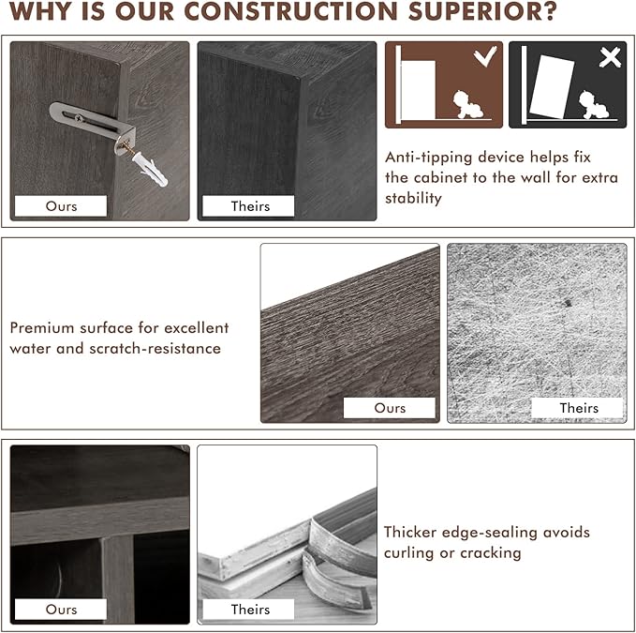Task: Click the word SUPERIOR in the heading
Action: (482, 11)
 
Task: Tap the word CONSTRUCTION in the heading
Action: (290, 11)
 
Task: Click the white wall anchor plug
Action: (150, 170)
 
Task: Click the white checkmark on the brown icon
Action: (485, 56)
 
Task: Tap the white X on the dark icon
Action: (610, 57)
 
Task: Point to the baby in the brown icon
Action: (467, 105)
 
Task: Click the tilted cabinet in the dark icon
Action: (552, 87)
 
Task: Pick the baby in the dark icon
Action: (594, 105)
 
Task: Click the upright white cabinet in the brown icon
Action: (418, 90)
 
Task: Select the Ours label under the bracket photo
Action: (61, 206)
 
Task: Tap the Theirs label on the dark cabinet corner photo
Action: (248, 206)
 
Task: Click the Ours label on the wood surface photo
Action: (390, 408)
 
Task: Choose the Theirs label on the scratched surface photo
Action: (578, 408)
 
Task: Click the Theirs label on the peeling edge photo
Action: (248, 609)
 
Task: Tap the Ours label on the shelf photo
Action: (61, 609)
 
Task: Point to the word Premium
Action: (42, 327)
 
